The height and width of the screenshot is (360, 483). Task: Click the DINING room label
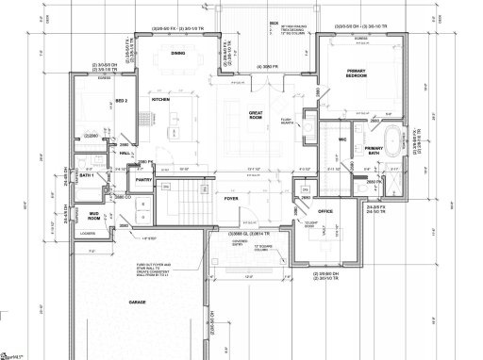tap(177, 55)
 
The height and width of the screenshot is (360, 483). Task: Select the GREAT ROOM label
tap(255, 114)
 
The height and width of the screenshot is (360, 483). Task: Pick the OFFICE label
tap(325, 211)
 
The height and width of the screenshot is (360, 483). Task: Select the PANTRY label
tap(144, 178)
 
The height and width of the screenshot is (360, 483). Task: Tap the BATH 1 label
tap(85, 175)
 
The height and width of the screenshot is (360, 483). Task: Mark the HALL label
tap(125, 152)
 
